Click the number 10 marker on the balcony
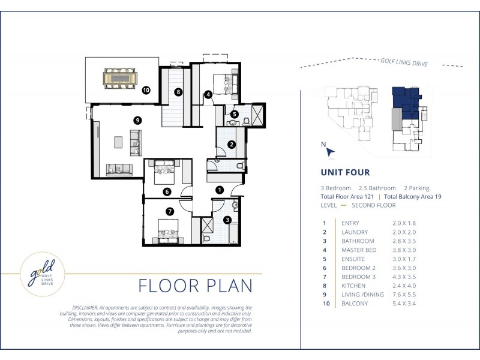pyautogui.click(x=146, y=90)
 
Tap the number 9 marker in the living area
pyautogui.click(x=137, y=121)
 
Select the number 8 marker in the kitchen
pyautogui.click(x=178, y=92)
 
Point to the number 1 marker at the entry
pyautogui.click(x=220, y=190)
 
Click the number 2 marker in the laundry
pyautogui.click(x=232, y=144)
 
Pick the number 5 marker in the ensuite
pyautogui.click(x=234, y=114)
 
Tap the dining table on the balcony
pyautogui.click(x=120, y=79)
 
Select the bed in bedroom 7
pyautogui.click(x=168, y=232)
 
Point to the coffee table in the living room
pyautogui.click(x=118, y=142)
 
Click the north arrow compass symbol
pyautogui.click(x=329, y=152)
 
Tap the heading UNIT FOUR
pyautogui.click(x=345, y=172)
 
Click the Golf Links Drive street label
pyautogui.click(x=404, y=62)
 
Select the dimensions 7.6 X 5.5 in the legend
pyautogui.click(x=404, y=295)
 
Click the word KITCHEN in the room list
pyautogui.click(x=353, y=286)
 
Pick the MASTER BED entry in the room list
pyautogui.click(x=359, y=250)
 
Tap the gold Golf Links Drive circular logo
pyautogui.click(x=42, y=274)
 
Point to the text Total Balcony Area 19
pyautogui.click(x=413, y=197)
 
